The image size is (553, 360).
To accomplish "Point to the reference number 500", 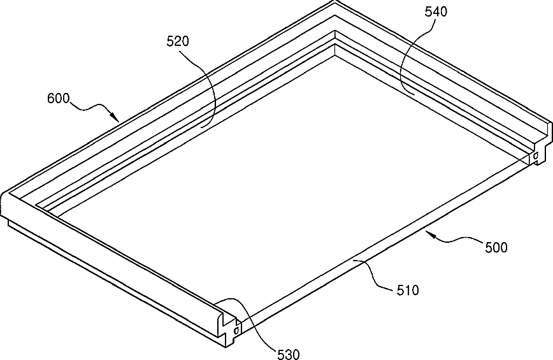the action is click(x=496, y=247).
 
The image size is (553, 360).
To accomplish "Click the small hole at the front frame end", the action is click(x=236, y=330).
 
